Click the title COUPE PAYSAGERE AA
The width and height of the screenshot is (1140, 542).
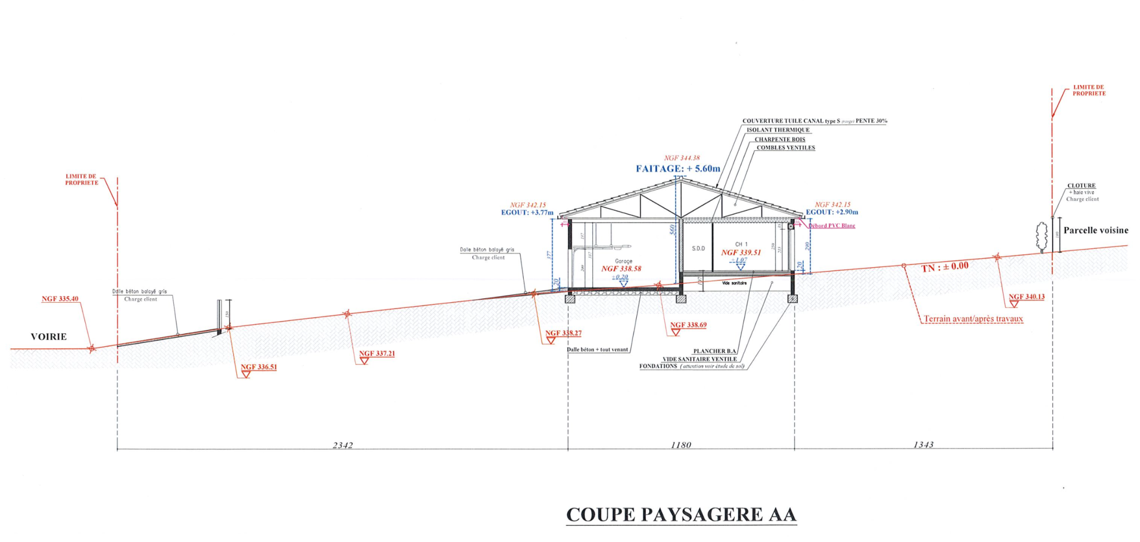pos(681,515)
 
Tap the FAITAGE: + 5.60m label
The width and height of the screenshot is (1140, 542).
pos(678,169)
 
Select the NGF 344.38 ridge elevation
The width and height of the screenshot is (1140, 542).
pos(682,158)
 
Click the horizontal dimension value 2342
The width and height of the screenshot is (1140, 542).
pos(343,445)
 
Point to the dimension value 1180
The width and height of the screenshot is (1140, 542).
pos(681,445)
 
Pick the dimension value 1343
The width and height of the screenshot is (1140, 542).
pos(923,445)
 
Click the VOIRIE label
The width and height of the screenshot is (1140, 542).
pos(49,337)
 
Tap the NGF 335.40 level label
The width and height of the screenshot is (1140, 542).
pos(60,299)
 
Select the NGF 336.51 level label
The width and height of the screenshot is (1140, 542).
pos(259,367)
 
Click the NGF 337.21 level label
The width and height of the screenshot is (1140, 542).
pos(377,353)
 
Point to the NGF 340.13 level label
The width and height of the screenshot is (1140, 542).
pos(1026,297)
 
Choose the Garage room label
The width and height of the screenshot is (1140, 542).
pos(623,261)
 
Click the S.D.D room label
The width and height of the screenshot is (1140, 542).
pos(698,249)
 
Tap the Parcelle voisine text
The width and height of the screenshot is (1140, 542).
pos(1095,230)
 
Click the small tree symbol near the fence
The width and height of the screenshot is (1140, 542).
pos(1041,237)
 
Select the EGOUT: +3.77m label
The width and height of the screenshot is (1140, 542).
pos(527,213)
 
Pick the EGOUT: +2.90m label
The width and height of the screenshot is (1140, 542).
pos(832,212)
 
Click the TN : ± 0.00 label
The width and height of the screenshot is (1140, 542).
pos(945,267)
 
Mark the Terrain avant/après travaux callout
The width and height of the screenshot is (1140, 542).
pos(973,319)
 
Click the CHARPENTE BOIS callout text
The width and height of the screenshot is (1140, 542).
pos(780,140)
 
